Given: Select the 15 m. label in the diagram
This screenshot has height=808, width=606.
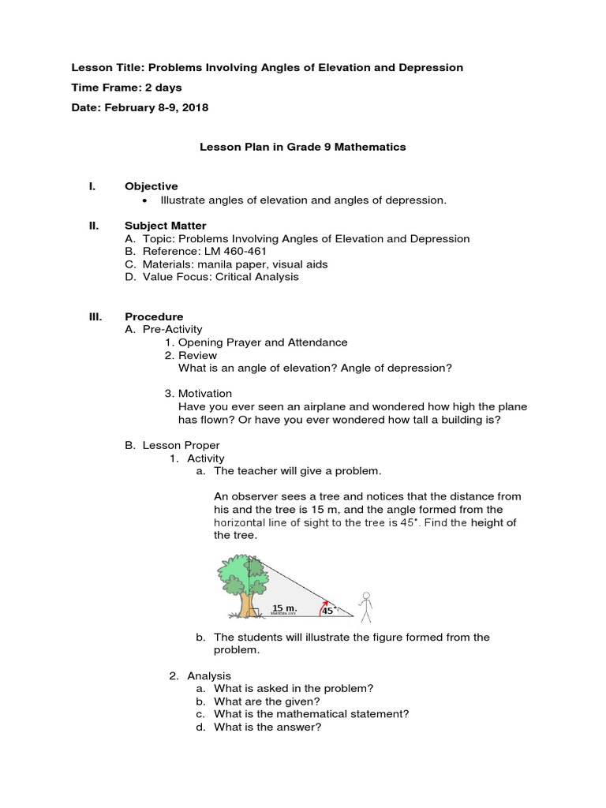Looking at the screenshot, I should (284, 608).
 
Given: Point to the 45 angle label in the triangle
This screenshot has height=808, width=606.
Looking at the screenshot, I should (327, 609).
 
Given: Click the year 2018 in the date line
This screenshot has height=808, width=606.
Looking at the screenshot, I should (194, 107).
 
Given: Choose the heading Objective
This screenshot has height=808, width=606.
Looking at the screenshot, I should (151, 186).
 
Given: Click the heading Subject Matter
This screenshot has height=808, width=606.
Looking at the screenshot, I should (165, 225).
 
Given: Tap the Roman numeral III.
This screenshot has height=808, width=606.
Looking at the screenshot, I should (95, 316).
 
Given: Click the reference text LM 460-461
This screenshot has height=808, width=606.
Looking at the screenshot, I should (238, 251).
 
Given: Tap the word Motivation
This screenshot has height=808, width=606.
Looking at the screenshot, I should (205, 393).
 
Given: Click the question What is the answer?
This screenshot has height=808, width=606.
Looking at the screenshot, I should (267, 727).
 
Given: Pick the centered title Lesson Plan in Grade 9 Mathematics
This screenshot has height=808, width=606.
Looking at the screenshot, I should (302, 147).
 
